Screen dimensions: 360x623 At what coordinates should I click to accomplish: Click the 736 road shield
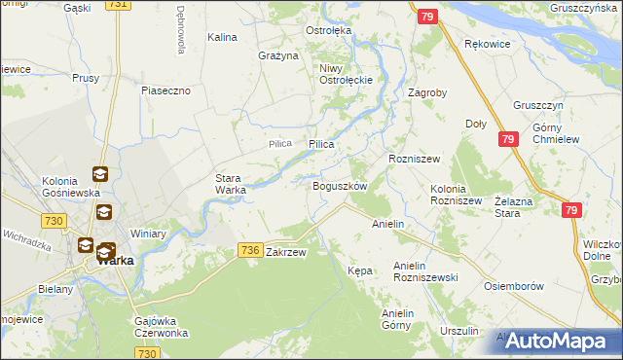click(249, 251)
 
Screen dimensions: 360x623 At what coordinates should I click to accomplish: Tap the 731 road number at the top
click(119, 5)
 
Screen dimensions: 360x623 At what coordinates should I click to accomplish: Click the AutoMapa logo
click(558, 341)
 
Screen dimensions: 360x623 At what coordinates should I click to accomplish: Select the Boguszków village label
click(339, 186)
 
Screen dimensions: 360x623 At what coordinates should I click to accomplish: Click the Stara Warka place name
click(231, 184)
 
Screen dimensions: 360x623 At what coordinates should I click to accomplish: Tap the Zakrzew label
click(286, 252)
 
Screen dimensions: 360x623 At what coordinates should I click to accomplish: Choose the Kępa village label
click(360, 270)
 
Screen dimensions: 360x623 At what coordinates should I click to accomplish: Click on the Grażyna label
click(277, 55)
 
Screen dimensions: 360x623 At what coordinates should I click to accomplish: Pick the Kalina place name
click(223, 37)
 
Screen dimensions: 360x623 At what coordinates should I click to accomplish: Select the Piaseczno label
click(171, 90)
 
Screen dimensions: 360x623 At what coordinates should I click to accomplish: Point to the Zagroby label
click(427, 93)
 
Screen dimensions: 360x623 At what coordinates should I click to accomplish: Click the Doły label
click(476, 124)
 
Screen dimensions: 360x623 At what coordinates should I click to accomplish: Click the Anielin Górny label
click(405, 319)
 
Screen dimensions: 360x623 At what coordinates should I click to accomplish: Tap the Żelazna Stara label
click(517, 205)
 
